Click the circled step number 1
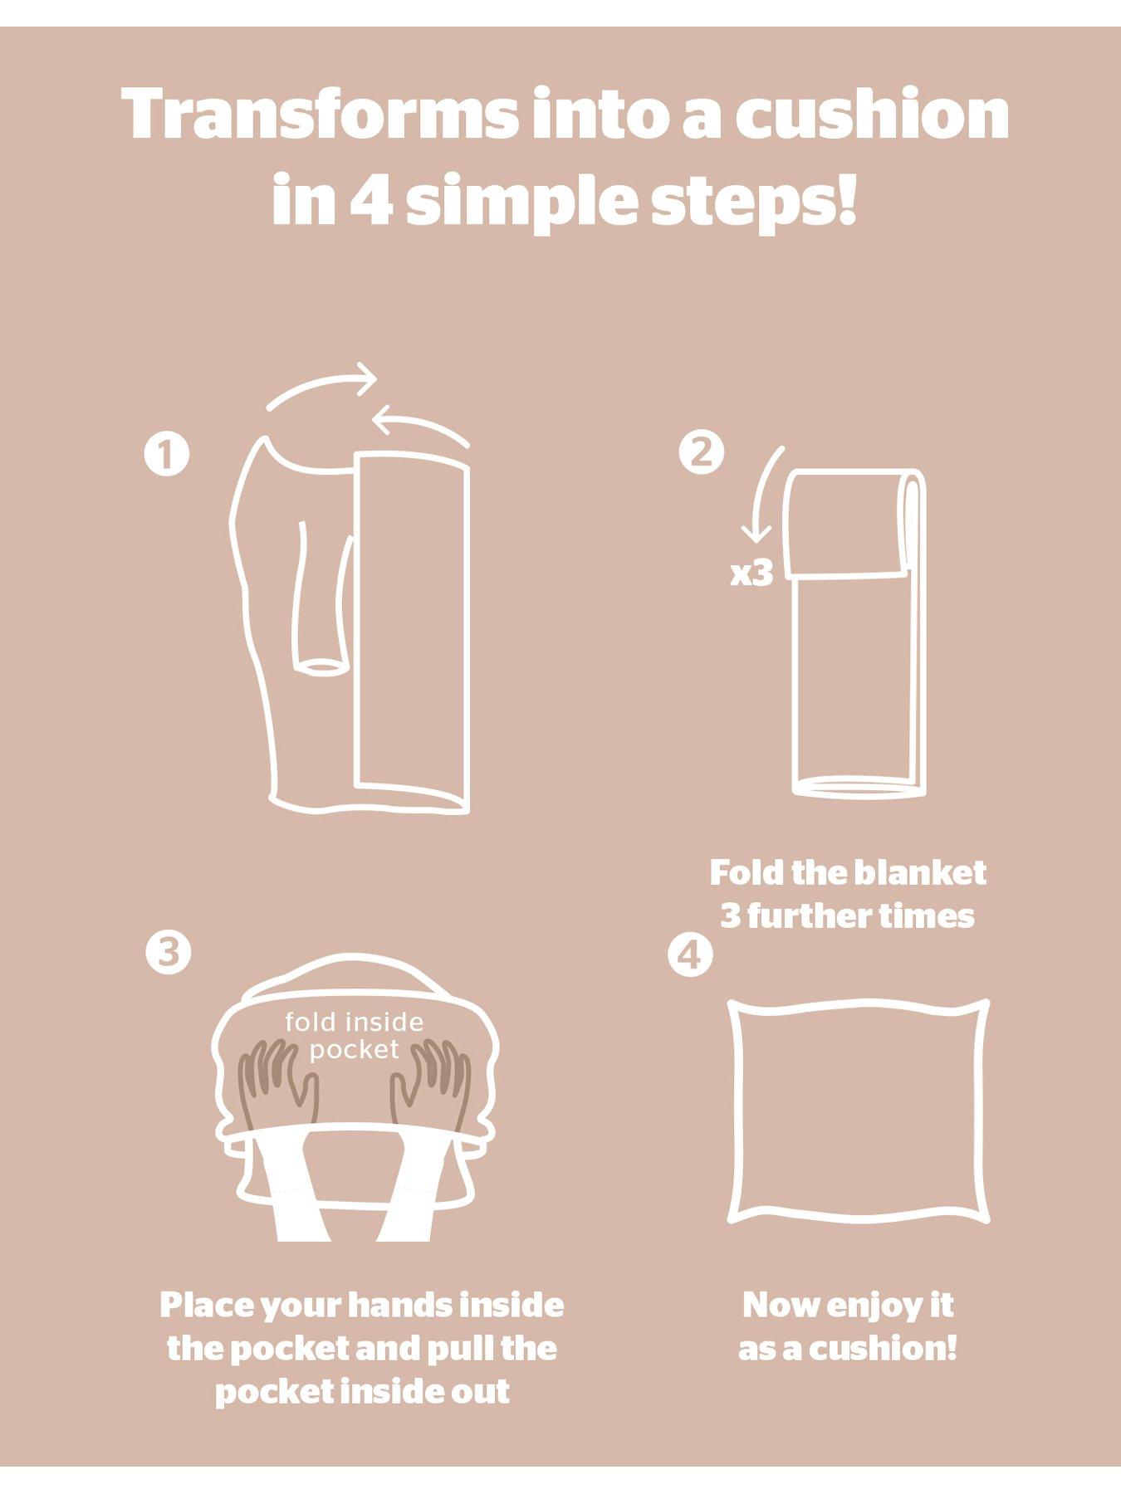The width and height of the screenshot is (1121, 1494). click(166, 455)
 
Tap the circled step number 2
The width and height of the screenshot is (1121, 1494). click(702, 452)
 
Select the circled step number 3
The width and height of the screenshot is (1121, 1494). click(169, 952)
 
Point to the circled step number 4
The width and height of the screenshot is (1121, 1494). click(690, 956)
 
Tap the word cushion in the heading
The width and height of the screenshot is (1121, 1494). click(871, 114)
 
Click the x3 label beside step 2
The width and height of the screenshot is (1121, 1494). click(751, 573)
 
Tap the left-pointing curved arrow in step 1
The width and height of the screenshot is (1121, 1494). click(419, 423)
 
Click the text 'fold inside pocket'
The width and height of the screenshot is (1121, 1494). click(355, 1035)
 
